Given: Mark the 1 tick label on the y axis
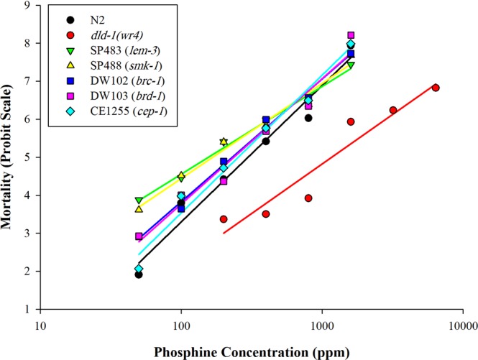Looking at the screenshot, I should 27,309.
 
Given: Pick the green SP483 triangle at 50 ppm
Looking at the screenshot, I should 139,200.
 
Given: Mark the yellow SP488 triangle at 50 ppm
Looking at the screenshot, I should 139,209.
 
